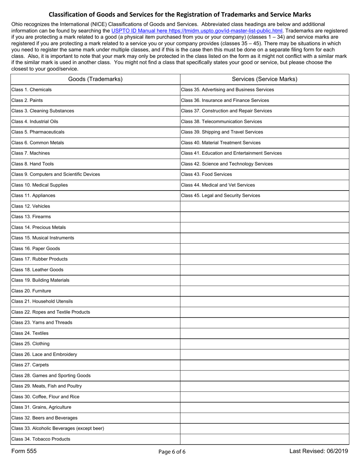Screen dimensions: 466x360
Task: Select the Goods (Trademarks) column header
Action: (95, 79)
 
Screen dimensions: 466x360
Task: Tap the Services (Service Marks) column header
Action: (264, 79)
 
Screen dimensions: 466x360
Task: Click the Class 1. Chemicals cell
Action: (32, 90)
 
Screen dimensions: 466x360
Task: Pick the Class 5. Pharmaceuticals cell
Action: (38, 132)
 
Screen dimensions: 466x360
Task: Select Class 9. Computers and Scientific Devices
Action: (56, 174)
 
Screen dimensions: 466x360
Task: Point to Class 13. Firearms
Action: (31, 217)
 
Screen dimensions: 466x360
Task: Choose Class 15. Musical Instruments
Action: (43, 238)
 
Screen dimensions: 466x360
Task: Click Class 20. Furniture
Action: (31, 291)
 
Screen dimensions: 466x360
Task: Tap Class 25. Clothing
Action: (31, 344)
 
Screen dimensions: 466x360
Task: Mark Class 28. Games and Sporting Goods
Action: (51, 375)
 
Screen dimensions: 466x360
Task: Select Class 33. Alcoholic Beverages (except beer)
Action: (58, 428)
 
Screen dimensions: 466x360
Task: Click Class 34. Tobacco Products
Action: (41, 439)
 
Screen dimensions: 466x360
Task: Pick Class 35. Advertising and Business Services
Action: (227, 90)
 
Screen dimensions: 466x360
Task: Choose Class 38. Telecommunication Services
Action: (221, 122)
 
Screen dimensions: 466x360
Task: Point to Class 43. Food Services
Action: (207, 174)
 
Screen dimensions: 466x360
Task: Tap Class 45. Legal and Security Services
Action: (221, 195)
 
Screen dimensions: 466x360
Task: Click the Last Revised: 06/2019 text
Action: (319, 451)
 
